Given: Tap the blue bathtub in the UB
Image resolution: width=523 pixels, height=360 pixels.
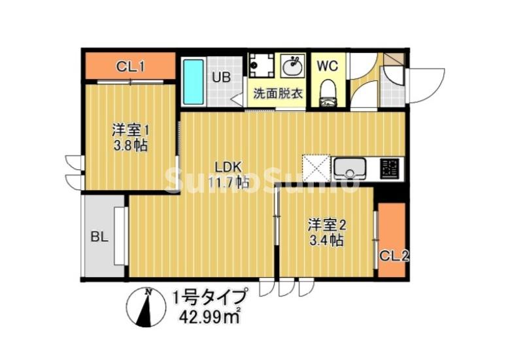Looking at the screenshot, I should coord(194,82).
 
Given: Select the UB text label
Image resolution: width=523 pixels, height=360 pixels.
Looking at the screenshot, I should coord(221,77).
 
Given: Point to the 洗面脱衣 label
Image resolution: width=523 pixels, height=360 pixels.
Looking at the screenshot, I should coord(278,93).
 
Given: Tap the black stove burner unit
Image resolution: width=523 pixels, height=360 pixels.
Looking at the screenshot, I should coord(390,168).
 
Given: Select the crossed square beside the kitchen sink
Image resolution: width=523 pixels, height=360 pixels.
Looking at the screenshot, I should coord(316,168).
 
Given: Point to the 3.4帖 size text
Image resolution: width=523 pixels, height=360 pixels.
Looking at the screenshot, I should coord(327,240).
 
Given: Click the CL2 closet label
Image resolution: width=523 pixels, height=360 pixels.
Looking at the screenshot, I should coord(394,255).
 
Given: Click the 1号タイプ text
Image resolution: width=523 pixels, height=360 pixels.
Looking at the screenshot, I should coord(209,298).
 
